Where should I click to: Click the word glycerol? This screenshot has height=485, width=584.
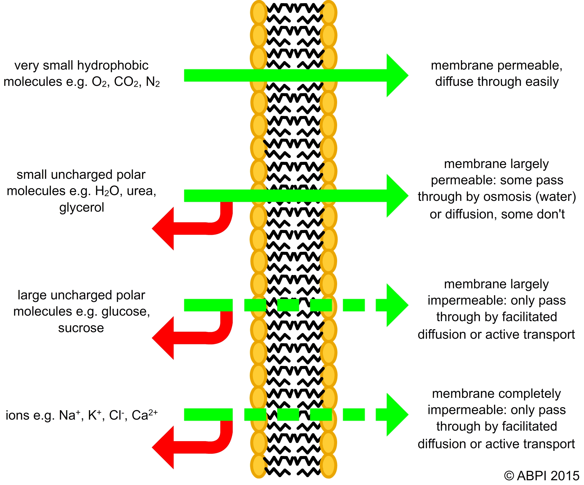[82, 207]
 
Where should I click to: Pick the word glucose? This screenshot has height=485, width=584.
[125, 312]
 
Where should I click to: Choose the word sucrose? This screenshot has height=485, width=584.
[81, 328]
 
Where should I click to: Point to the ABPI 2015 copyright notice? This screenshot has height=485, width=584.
[541, 476]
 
